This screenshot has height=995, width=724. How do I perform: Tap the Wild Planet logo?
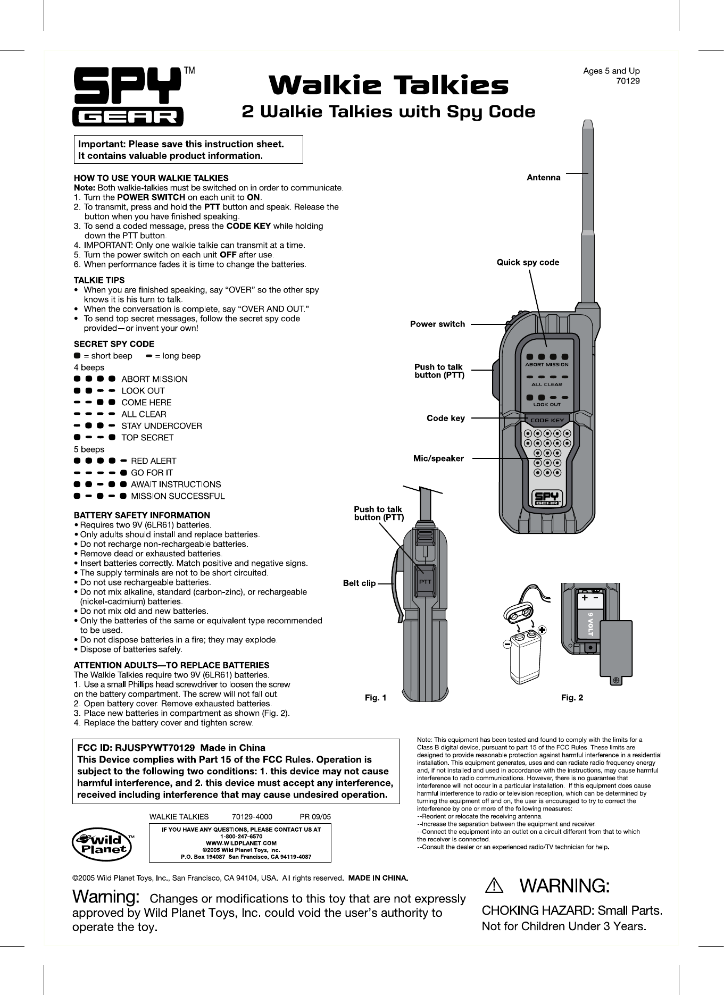coord(103,842)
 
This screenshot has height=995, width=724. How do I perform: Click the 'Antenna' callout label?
coord(543,178)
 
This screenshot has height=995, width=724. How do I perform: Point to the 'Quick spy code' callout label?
coord(528,262)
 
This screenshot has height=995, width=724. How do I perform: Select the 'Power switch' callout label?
coord(437,324)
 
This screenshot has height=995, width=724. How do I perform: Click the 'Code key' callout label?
coord(445,418)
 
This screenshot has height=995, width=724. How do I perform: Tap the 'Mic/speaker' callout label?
coord(438,458)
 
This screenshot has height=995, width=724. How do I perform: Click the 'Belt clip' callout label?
coord(359,583)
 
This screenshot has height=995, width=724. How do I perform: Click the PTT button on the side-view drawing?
coord(425,581)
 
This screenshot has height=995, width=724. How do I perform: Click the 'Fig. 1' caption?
coord(375,698)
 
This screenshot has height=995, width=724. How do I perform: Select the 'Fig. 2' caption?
coord(572,698)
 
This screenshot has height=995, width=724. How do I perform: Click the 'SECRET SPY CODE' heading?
coord(114,344)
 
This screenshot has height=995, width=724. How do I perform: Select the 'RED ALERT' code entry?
coord(154,461)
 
